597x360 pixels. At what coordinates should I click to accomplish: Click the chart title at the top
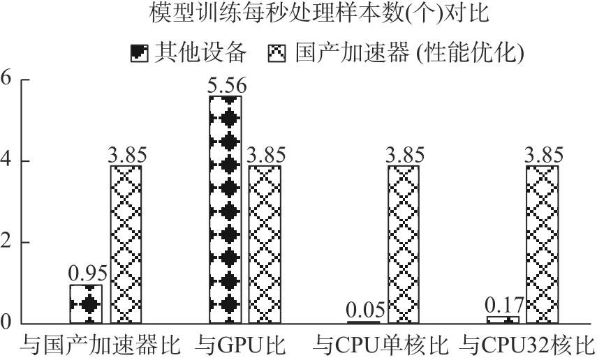[318, 13]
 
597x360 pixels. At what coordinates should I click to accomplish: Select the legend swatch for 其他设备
[139, 53]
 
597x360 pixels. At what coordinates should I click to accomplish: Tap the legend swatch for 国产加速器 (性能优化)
[277, 53]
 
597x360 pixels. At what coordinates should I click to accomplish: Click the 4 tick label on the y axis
[6, 160]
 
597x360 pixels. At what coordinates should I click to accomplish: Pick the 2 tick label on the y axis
[6, 241]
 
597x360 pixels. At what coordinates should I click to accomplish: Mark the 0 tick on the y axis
[6, 323]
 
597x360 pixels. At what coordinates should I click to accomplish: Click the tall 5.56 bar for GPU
[226, 210]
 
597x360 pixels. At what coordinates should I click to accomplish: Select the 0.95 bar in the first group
[86, 304]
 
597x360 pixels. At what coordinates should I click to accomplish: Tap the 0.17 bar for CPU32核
[503, 320]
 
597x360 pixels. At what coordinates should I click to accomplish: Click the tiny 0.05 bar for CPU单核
[364, 322]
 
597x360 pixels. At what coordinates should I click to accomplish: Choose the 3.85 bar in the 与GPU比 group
[265, 244]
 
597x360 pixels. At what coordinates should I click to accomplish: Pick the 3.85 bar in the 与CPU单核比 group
[404, 244]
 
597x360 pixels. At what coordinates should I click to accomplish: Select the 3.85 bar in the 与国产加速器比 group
[126, 244]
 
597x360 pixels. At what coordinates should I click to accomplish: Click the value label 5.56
[227, 86]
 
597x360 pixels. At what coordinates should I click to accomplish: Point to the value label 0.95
[88, 273]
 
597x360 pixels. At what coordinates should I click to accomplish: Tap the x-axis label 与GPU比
[240, 345]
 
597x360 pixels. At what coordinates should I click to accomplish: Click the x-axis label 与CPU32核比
[527, 345]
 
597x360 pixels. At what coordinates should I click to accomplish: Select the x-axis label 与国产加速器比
[100, 345]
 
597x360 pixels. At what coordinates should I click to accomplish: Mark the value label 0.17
[505, 306]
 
